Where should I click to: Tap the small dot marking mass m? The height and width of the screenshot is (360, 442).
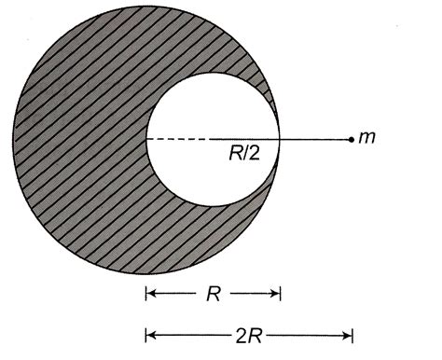[350, 140]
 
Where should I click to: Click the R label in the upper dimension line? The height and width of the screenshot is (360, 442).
[212, 294]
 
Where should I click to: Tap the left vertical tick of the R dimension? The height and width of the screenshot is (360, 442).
[145, 294]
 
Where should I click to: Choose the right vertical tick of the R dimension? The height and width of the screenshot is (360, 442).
[281, 294]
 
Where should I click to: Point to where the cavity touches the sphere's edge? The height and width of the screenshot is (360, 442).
[281, 140]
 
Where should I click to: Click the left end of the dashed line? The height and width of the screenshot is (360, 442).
[147, 140]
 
